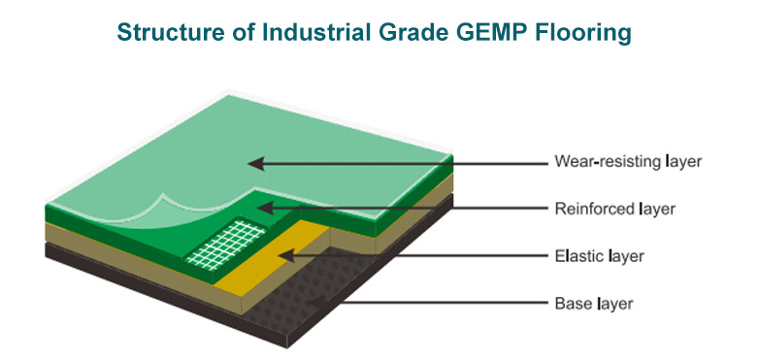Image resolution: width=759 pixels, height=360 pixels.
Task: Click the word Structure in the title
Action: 165,32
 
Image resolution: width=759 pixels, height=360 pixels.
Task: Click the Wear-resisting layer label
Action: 628,161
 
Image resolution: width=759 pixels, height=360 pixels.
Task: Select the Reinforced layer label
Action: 614,209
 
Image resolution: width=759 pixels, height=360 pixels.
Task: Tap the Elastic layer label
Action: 599,255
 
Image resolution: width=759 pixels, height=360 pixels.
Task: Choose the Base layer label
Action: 594,304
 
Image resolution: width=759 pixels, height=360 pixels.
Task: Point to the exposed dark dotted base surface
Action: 310,290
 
